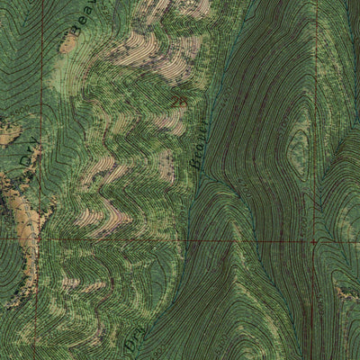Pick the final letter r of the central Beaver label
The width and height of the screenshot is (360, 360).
[206, 117]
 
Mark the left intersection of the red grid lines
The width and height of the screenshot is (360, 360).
[38, 238]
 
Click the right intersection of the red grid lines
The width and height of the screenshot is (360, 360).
[314, 241]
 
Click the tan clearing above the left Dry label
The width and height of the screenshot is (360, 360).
[9, 135]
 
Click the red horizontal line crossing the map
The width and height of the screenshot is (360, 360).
[180, 239]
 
